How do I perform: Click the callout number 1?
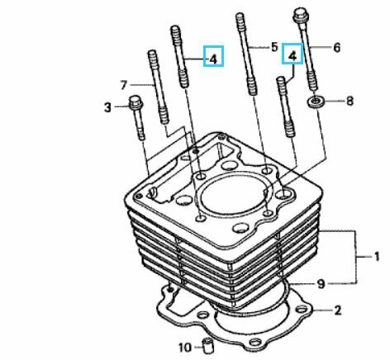tap(377, 257)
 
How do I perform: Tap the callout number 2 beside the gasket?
tap(338, 310)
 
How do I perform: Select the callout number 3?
tap(107, 107)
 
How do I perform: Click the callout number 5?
tap(274, 47)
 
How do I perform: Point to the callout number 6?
tap(337, 48)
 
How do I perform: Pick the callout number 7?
tap(123, 85)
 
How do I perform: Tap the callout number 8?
tap(350, 101)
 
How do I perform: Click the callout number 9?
tap(321, 284)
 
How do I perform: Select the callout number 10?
tap(185, 348)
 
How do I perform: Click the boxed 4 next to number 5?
tap(292, 54)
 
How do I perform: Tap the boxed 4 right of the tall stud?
tap(213, 56)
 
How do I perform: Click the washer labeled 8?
tap(316, 102)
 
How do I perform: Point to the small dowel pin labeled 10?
tap(207, 345)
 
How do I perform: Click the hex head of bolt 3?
tap(136, 102)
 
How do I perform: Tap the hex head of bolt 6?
tap(301, 14)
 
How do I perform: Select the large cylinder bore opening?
tap(233, 197)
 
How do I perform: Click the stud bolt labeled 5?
tap(247, 54)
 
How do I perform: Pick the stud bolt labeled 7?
tap(159, 87)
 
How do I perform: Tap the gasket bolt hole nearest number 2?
tap(301, 310)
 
